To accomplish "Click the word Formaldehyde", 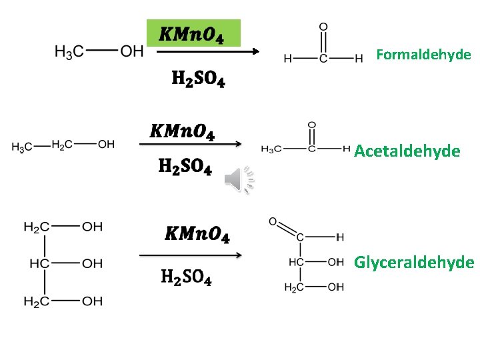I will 423,55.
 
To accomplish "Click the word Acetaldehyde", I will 407,151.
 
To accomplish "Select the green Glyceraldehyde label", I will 414,262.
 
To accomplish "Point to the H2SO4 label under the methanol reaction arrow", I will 198,79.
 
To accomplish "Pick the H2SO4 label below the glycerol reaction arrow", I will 187,277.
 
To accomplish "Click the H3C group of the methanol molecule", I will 69,52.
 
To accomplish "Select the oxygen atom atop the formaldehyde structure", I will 323,27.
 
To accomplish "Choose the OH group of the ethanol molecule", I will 106,145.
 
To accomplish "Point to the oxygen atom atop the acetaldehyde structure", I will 312,125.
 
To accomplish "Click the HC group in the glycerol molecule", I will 38,264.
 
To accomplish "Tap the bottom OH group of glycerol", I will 92,301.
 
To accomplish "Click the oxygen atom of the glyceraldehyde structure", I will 273,221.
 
